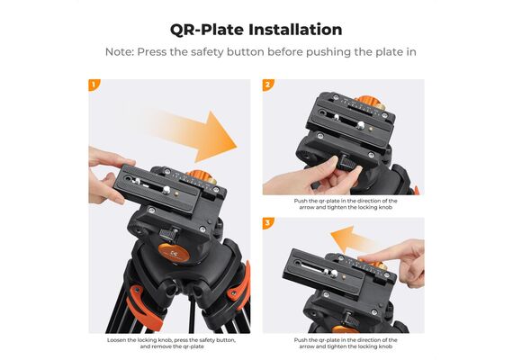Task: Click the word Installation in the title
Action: coord(295,30)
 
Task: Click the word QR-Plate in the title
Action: coord(207,30)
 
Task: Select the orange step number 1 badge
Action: coord(94,85)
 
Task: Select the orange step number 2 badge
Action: coord(267,85)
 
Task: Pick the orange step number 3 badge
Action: coord(267,223)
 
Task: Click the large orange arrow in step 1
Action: coord(196,136)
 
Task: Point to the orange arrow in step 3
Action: coord(352,238)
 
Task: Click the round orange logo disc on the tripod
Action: coord(174,252)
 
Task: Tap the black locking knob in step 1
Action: coord(168,235)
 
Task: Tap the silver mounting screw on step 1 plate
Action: coord(166,190)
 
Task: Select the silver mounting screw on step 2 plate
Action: coord(361,125)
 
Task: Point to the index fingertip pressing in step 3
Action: coord(364,259)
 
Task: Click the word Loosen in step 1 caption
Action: coord(115,340)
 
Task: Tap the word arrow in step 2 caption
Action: coord(306,208)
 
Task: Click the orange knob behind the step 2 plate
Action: coord(370,102)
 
